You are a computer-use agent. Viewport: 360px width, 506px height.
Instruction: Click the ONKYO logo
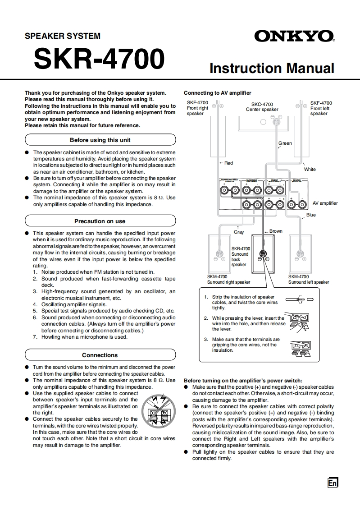click(x=294, y=36)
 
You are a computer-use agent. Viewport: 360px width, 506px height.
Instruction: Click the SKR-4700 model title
click(x=99, y=59)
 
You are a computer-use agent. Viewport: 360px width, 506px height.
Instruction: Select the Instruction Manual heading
click(x=272, y=68)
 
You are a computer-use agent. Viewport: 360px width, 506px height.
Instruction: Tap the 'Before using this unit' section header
click(x=100, y=140)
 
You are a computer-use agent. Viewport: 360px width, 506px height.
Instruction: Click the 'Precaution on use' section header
click(x=100, y=221)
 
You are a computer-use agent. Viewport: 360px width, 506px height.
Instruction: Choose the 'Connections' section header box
click(x=100, y=355)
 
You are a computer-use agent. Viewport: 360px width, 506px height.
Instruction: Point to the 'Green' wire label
click(x=285, y=143)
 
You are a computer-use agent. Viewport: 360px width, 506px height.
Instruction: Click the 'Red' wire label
click(x=228, y=163)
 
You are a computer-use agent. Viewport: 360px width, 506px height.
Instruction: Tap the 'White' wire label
click(x=310, y=169)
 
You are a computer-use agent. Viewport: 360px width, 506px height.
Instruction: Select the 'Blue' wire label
click(x=311, y=215)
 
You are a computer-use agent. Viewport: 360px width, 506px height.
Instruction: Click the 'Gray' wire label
click(x=238, y=232)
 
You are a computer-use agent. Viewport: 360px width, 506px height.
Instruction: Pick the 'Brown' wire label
click(x=276, y=231)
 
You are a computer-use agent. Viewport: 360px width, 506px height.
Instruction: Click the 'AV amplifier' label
click(x=325, y=203)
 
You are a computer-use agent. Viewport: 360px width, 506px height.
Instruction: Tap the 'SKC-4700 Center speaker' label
click(x=262, y=107)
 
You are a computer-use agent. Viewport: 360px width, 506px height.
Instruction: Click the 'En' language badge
click(x=333, y=483)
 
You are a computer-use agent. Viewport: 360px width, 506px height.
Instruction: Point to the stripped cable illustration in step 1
click(x=298, y=299)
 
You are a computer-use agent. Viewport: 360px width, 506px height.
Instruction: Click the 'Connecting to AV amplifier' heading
click(x=217, y=93)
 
